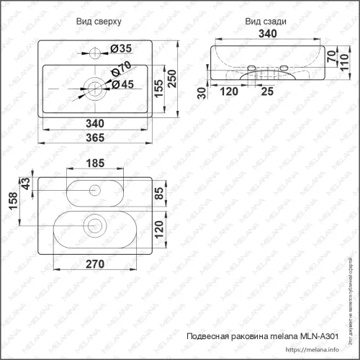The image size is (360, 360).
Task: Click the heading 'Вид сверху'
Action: tap(98, 22)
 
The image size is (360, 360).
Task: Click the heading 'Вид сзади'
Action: tap(266, 22)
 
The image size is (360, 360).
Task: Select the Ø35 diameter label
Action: tap(121, 50)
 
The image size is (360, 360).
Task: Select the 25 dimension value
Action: tap(267, 92)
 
